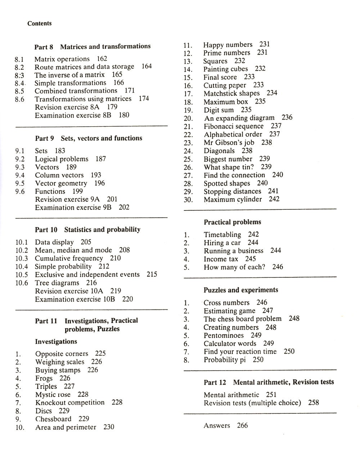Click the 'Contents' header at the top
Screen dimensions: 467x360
(39, 23)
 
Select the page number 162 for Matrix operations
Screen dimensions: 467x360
(102, 58)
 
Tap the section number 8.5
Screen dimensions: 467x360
(19, 91)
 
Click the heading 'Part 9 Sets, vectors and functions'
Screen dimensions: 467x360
(89, 138)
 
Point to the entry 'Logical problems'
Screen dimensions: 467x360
(62, 159)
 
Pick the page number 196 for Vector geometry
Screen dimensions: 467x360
(99, 183)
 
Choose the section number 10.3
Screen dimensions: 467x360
(22, 259)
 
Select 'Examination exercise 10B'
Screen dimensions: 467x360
(75, 299)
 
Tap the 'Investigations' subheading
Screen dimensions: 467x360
(56, 341)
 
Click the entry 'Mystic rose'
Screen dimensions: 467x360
(53, 395)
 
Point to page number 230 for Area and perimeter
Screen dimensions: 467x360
(109, 427)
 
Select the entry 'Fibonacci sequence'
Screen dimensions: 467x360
(234, 126)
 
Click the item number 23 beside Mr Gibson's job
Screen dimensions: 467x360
(188, 143)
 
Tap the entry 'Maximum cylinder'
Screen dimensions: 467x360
(233, 199)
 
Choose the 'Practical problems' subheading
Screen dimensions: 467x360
(232, 222)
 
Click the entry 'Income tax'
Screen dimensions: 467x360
(221, 259)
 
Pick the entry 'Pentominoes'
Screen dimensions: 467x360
(224, 336)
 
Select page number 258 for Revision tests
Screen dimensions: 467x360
(314, 403)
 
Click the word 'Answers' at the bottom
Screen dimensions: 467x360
(217, 426)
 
